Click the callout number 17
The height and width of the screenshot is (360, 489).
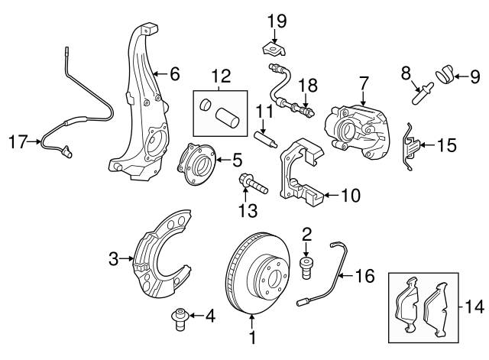coord(18,141)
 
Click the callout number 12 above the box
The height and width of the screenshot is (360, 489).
coord(221,75)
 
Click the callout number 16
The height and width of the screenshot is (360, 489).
coord(364,275)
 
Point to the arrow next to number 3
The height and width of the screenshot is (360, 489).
coord(126,260)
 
